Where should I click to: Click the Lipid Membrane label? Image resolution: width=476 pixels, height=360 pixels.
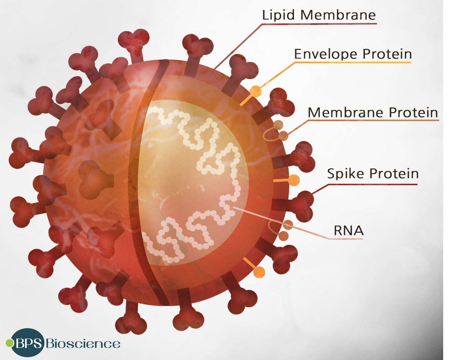click(319, 15)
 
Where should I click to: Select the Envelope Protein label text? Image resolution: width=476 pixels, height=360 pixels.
click(353, 54)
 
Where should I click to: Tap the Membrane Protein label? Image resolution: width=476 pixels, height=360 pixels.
click(373, 112)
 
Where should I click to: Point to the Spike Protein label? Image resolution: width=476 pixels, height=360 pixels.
click(373, 173)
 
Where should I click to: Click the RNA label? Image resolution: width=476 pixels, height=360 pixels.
click(348, 231)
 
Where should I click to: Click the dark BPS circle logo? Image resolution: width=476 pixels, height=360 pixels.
click(28, 343)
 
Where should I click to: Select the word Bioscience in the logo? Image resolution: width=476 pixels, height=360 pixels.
click(83, 344)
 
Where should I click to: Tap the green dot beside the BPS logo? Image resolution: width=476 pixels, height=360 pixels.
click(10, 343)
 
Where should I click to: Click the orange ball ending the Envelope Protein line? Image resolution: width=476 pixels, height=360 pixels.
click(256, 91)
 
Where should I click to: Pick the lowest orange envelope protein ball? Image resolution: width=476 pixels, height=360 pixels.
click(259, 272)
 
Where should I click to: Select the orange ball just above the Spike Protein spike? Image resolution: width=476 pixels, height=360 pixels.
click(294, 180)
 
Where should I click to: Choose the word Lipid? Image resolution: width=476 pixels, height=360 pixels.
click(278, 15)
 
